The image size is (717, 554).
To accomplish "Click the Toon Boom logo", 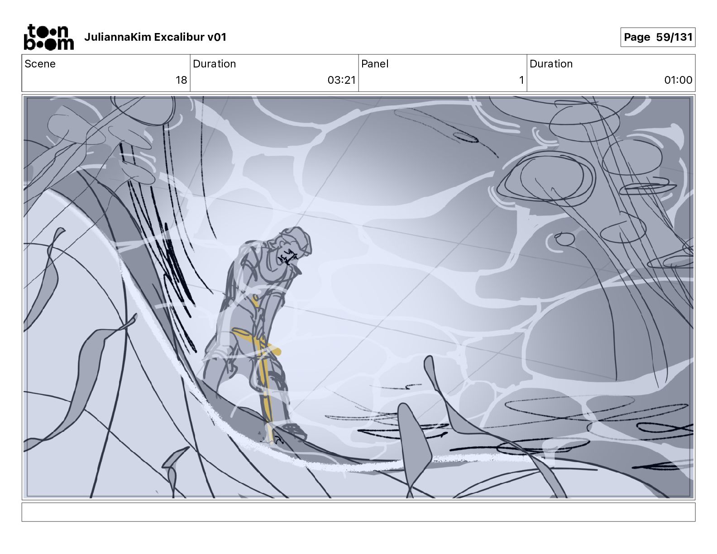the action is pyautogui.click(x=49, y=37).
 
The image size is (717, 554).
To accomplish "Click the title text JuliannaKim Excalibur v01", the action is pyautogui.click(x=155, y=37).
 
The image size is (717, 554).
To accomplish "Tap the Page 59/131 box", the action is pyautogui.click(x=658, y=37).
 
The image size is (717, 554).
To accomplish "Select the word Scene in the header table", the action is pyautogui.click(x=40, y=64).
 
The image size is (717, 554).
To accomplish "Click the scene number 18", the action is pyautogui.click(x=181, y=80).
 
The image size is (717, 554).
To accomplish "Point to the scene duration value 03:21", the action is pyautogui.click(x=341, y=80).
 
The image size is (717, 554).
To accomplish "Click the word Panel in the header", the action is pyautogui.click(x=375, y=64).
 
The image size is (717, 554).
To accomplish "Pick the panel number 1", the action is pyautogui.click(x=521, y=80).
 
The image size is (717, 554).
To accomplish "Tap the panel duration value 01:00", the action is pyautogui.click(x=678, y=80).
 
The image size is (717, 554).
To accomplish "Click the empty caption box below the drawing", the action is pyautogui.click(x=358, y=512).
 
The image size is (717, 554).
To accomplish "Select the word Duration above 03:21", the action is pyautogui.click(x=215, y=64).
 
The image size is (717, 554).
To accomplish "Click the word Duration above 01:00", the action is pyautogui.click(x=551, y=64).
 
